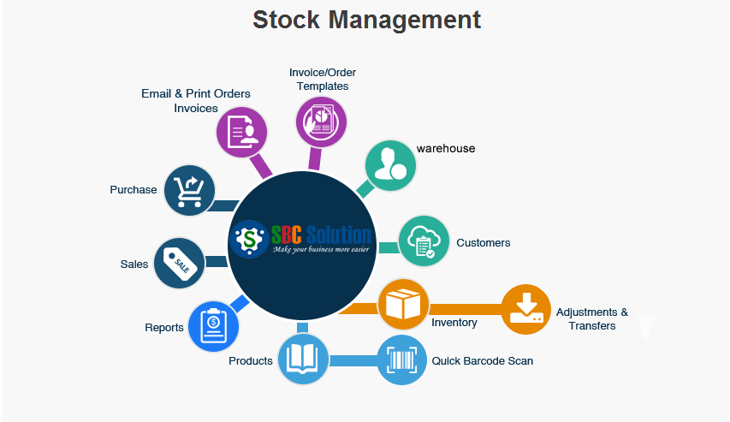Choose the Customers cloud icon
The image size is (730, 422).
click(424, 241)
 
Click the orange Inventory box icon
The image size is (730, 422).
click(403, 304)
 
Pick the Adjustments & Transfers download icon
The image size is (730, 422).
click(525, 309)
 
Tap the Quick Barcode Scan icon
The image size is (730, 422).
click(402, 360)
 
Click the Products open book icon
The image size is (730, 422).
click(303, 360)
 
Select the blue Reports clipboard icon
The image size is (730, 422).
click(213, 327)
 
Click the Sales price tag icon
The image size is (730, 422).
click(179, 264)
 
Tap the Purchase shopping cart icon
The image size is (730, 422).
click(188, 190)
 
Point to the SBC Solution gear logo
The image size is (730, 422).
click(248, 239)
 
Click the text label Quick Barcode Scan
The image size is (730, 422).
click(482, 361)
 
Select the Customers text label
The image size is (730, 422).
click(483, 243)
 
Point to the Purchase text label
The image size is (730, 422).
click(134, 190)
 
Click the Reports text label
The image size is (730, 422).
click(164, 328)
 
